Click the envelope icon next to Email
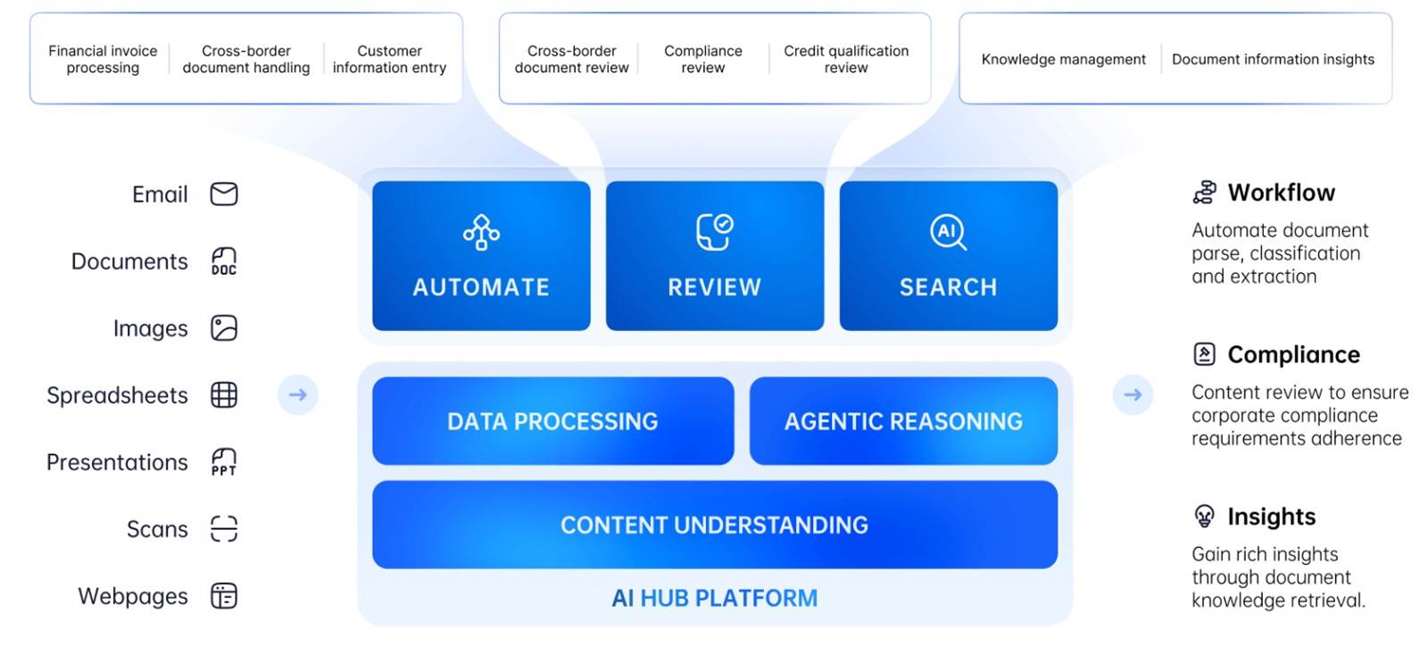point(224,194)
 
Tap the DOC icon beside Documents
point(224,261)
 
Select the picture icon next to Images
point(224,328)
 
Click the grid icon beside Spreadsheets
point(224,395)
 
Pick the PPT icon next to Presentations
point(224,462)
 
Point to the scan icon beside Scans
point(224,529)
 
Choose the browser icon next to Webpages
point(224,596)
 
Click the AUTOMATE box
point(481,255)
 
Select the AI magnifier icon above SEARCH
point(948,233)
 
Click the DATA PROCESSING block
point(552,420)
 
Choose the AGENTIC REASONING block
point(903,420)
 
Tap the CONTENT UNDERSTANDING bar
point(715,525)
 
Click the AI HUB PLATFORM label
point(715,598)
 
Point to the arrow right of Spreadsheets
point(298,395)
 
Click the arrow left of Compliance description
point(1133,395)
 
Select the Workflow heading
point(1282,193)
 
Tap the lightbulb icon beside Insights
point(1204,516)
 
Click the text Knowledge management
point(1063,59)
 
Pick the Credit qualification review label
point(846,59)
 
